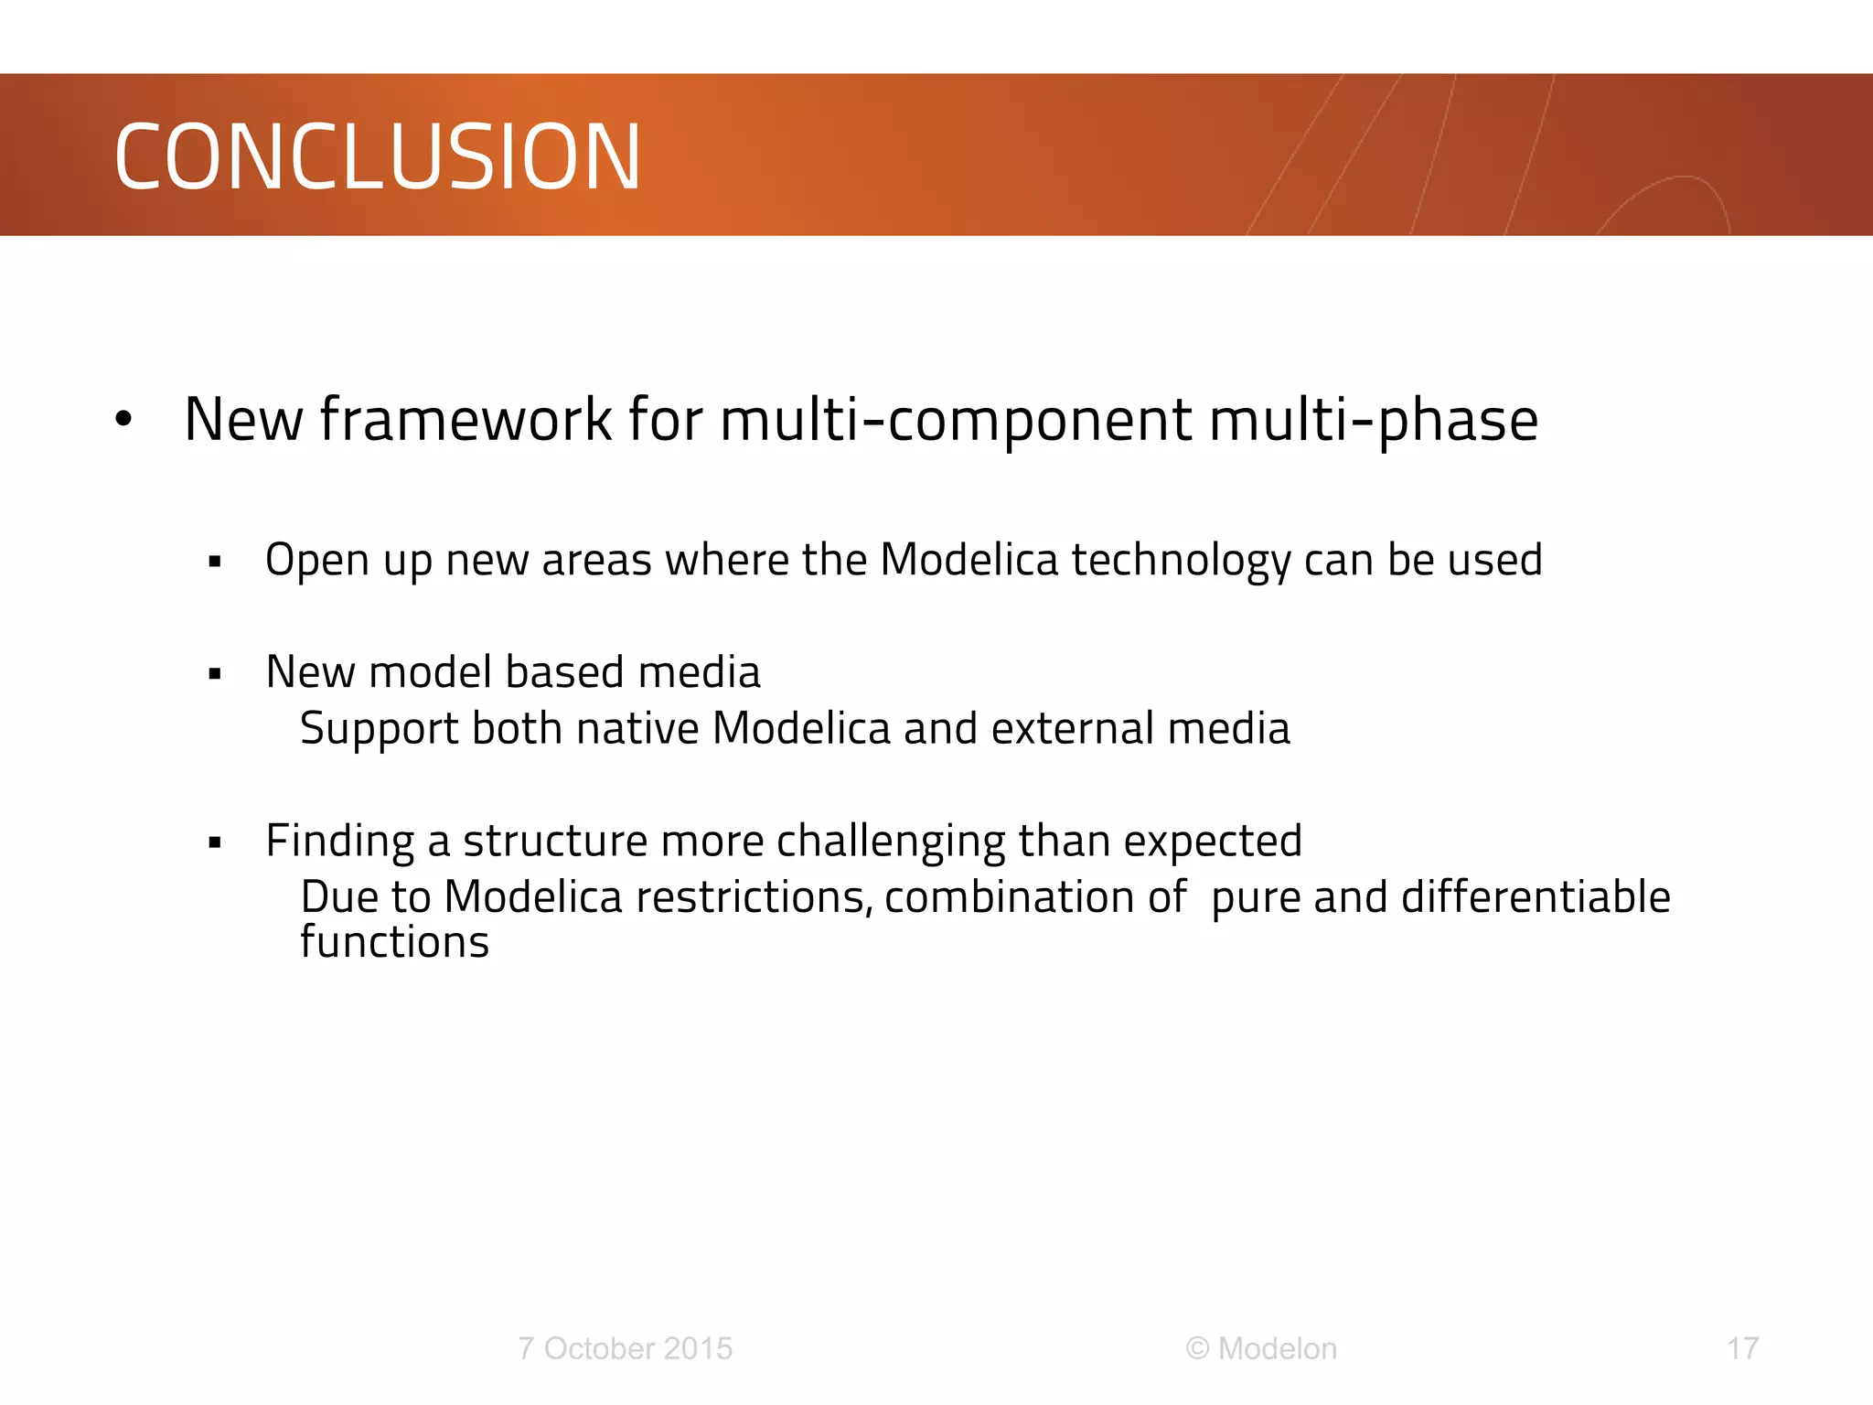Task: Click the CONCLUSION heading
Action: pos(377,157)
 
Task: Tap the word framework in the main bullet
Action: pos(465,420)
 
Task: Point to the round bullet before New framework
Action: pos(124,420)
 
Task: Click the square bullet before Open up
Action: pos(215,562)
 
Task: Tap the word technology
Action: pos(1181,560)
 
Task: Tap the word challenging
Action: pos(890,842)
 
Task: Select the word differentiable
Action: pos(1536,897)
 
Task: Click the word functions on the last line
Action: pos(394,942)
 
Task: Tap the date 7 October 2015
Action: pos(625,1348)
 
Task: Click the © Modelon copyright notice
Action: pos(1261,1348)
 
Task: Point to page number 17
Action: pos(1742,1348)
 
